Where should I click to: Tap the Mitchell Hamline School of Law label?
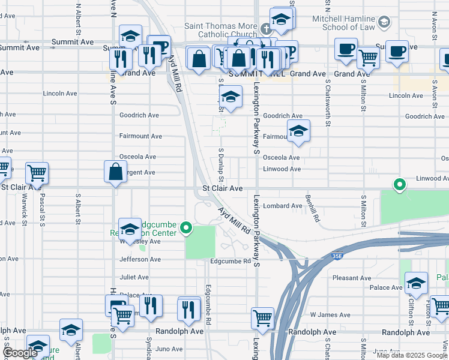pyautogui.click(x=343, y=23)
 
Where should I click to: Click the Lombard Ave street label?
pyautogui.click(x=283, y=206)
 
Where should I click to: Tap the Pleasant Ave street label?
pyautogui.click(x=354, y=278)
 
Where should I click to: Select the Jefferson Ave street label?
pyautogui.click(x=140, y=259)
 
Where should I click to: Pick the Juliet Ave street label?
pyautogui.click(x=134, y=277)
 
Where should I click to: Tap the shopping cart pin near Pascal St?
pyautogui.click(x=37, y=173)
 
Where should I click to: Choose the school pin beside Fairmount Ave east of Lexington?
pyautogui.click(x=298, y=131)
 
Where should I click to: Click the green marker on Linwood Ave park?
pyautogui.click(x=399, y=184)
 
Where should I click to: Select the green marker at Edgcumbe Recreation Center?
pyautogui.click(x=186, y=227)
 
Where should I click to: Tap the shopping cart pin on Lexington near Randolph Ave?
pyautogui.click(x=262, y=319)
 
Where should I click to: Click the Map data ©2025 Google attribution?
pyautogui.click(x=412, y=355)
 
